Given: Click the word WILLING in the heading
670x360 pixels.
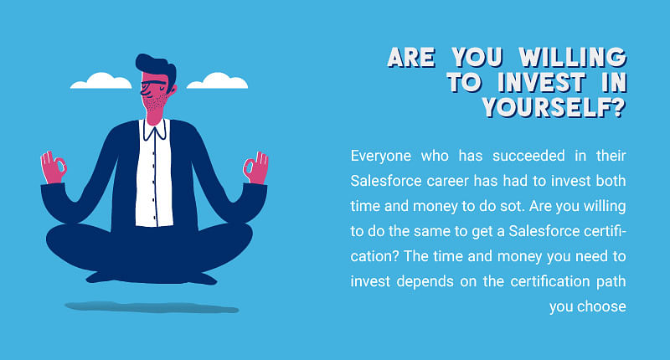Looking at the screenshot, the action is (573, 57).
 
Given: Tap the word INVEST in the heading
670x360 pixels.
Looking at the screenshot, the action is (541, 82).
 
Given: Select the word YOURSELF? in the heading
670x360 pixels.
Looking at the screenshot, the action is (554, 107).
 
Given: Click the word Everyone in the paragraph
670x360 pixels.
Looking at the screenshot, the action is (381, 156).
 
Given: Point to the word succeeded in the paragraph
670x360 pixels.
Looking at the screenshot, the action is (528, 156).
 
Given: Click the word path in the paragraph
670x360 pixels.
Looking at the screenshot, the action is (611, 281).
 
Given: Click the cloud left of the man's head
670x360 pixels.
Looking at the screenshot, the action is (100, 80).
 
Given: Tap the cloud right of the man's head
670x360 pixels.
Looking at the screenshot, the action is (218, 80).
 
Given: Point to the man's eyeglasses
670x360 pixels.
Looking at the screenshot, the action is (152, 84).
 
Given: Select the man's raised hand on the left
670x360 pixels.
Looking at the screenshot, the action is (53, 167).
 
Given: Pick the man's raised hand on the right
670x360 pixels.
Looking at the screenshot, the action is (256, 167).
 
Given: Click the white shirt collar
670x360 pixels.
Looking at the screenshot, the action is (155, 130).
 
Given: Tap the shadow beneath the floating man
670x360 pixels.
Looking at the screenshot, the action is (152, 307).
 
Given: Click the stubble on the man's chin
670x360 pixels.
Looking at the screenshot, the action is (155, 103).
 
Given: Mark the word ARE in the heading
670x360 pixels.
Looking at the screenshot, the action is (411, 57).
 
